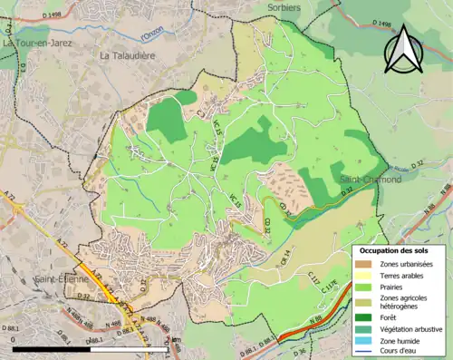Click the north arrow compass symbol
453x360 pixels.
pos(403,49)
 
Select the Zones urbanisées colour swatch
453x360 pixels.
pos(364,263)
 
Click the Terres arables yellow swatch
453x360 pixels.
pos(364,275)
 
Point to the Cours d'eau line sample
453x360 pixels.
pos(364,350)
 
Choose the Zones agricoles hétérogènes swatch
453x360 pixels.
pos(364,301)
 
